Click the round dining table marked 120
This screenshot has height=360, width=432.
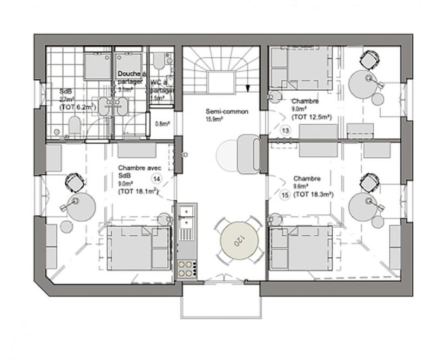[x=235, y=240]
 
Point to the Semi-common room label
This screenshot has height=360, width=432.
[x=226, y=112]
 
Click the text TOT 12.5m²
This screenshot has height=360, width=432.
[x=311, y=116]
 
